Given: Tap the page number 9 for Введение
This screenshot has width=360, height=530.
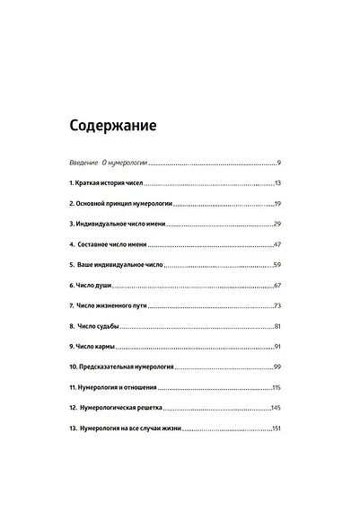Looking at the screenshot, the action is point(280,163).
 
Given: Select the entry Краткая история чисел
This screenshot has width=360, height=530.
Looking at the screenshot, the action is point(110,182).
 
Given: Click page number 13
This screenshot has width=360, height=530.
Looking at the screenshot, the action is point(278,182).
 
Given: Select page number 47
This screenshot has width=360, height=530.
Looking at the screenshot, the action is point(278,244).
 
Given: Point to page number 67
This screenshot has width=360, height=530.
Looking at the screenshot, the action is point(278,286).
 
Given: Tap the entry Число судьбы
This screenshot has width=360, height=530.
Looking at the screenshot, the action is point(99,327).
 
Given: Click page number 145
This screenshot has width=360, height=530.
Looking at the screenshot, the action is point(277,409).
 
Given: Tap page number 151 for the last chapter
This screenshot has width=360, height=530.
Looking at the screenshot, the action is point(277,429).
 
